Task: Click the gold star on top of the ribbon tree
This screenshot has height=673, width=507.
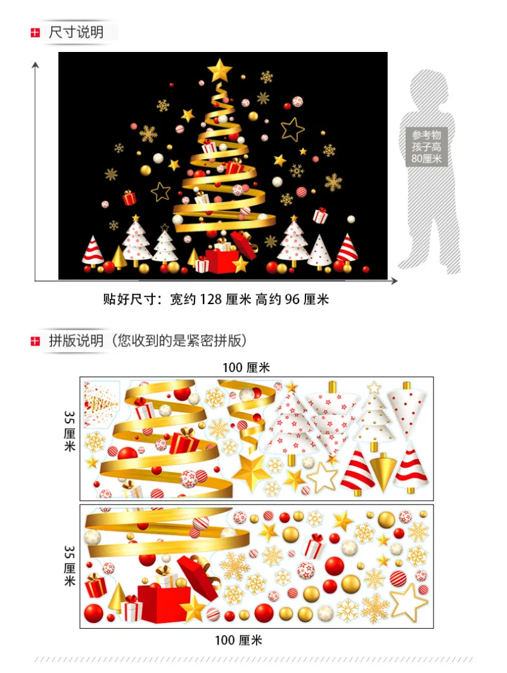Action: tap(220, 69)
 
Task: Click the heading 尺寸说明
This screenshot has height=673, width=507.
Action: tap(76, 32)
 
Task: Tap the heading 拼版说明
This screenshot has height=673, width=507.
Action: tap(76, 340)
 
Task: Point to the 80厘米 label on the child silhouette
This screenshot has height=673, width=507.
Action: tap(427, 158)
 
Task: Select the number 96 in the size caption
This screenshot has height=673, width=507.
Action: tap(292, 300)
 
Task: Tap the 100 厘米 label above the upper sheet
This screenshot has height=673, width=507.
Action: tap(246, 368)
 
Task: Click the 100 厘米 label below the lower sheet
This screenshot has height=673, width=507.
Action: tap(238, 640)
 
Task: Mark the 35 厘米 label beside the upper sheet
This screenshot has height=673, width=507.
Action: tap(69, 431)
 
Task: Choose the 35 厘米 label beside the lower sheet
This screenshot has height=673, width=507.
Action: tap(69, 565)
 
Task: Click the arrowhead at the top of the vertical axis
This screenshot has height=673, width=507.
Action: tap(35, 63)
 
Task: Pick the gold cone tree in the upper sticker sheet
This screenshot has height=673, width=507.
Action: tap(382, 470)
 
